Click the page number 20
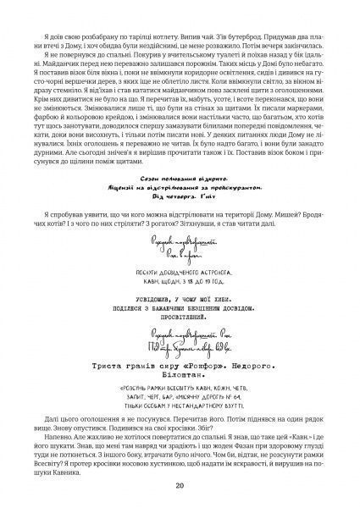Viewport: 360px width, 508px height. coord(180,486)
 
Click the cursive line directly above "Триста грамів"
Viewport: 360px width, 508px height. coord(180,344)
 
